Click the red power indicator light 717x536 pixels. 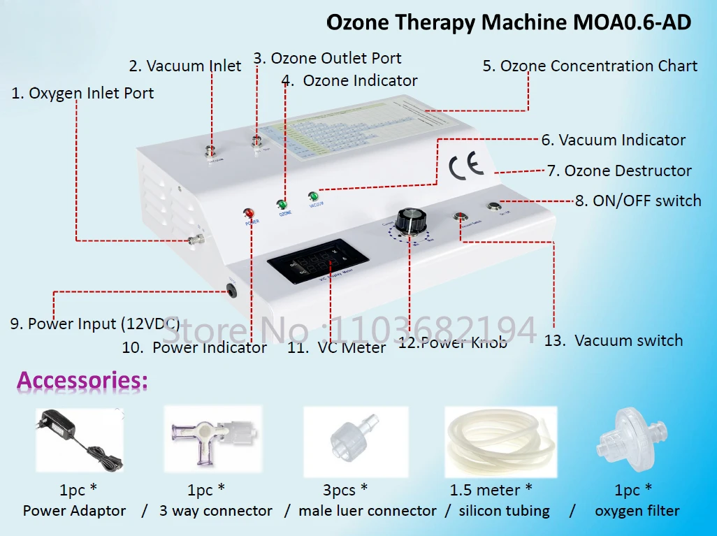[x=248, y=213]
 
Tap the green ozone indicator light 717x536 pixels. [x=282, y=205]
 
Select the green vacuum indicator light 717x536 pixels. [x=312, y=197]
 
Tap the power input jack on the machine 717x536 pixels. [x=230, y=287]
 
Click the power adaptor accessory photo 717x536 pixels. [x=79, y=439]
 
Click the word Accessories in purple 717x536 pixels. [x=82, y=381]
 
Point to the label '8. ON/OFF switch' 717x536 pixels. [x=637, y=201]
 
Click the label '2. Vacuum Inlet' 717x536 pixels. [x=184, y=66]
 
